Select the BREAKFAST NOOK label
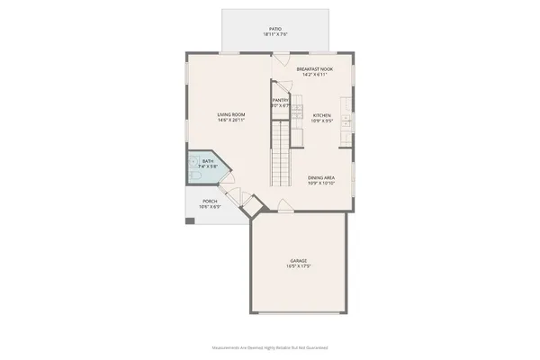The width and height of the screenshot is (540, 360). click(x=314, y=68)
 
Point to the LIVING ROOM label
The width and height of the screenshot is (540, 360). click(x=231, y=114)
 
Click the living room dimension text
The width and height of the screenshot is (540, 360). click(x=231, y=120)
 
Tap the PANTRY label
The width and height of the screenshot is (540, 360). click(x=281, y=101)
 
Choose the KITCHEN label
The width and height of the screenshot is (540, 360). click(x=322, y=114)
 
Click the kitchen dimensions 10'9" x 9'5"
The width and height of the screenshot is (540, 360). click(x=322, y=120)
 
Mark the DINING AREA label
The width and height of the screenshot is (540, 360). click(x=321, y=177)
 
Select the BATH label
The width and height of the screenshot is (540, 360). click(x=209, y=161)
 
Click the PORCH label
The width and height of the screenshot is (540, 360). click(x=210, y=201)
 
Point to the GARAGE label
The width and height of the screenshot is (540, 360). click(x=299, y=260)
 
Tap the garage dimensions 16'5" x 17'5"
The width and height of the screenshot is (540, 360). click(x=299, y=266)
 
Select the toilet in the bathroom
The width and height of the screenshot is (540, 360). click(x=193, y=166)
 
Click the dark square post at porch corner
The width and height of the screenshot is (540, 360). click(x=190, y=220)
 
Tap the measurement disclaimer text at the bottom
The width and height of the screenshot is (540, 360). click(x=270, y=346)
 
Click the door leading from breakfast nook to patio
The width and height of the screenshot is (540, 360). click(x=281, y=59)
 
